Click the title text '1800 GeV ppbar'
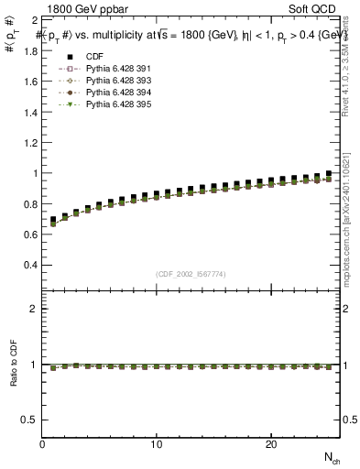pyautogui.click(x=82, y=8)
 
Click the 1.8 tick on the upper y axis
pyautogui.click(x=29, y=50)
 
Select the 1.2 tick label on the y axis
pyautogui.click(x=29, y=142)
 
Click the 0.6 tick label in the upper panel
pyautogui.click(x=29, y=234)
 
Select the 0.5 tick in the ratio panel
pyautogui.click(x=29, y=420)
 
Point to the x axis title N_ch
pyautogui.click(x=331, y=456)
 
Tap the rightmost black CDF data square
pyautogui.click(x=328, y=174)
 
